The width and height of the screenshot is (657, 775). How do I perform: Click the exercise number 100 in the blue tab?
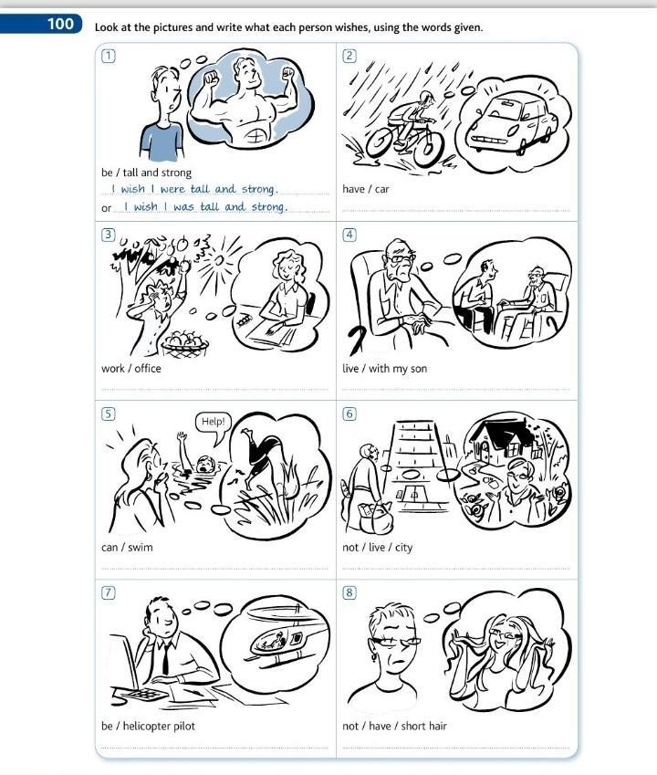[x=60, y=23]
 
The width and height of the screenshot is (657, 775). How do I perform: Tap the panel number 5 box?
[x=109, y=414]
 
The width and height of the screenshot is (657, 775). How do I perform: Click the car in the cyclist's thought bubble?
[x=512, y=123]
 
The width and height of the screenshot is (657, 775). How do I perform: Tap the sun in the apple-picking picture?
[x=220, y=260]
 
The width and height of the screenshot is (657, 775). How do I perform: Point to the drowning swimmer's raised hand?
[x=182, y=437]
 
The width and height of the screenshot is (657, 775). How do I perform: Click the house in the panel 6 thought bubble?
[x=499, y=442]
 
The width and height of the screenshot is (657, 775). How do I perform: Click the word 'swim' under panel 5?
[x=141, y=547]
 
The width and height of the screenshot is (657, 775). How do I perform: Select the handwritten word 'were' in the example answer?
[x=172, y=189]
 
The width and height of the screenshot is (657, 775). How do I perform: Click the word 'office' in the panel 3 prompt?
[x=148, y=368]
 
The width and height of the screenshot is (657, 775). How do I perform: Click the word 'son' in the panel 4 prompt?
[x=419, y=369]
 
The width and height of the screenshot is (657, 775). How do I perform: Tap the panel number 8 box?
[x=349, y=592]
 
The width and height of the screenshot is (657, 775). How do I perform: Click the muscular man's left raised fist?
[x=212, y=79]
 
